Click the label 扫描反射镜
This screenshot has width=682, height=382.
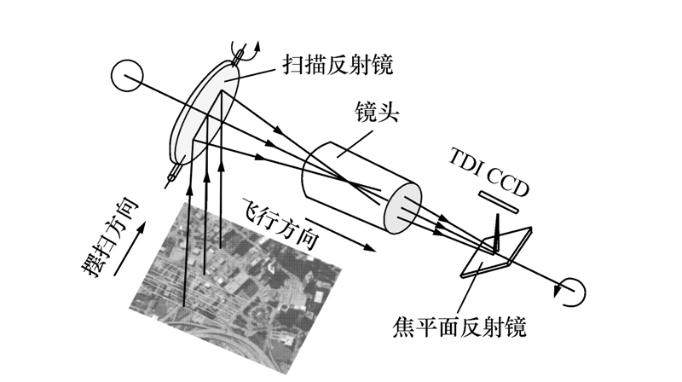coord(338,66)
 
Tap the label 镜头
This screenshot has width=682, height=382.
coord(377,113)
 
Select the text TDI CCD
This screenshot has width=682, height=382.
coord(488,172)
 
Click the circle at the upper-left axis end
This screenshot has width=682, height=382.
coord(126,76)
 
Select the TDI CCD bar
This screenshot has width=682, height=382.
coord(499,203)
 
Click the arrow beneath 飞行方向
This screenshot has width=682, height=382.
coord(340,235)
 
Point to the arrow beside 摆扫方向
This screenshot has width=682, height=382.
coord(130,249)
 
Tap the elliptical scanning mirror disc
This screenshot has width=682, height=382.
coord(205,114)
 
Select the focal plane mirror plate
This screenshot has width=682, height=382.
coord(496,252)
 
